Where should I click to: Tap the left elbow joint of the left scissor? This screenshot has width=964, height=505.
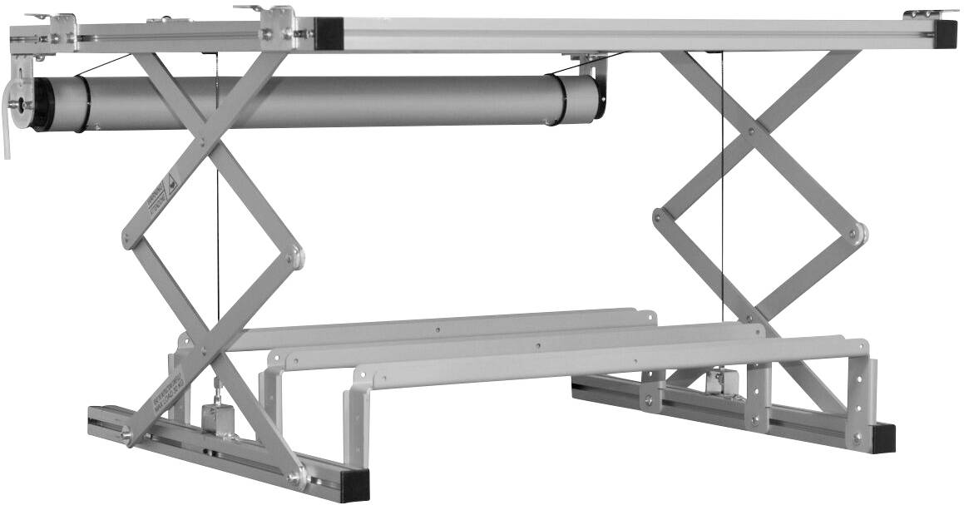tap(128, 240)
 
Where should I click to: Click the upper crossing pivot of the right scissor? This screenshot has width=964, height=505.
tap(752, 131)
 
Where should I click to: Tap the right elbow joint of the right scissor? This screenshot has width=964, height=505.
tap(856, 235)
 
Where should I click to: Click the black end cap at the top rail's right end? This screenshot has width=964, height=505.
tap(945, 36)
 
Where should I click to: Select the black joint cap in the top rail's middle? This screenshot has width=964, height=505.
tap(329, 34)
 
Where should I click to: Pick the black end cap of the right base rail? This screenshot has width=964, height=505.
tap(882, 438)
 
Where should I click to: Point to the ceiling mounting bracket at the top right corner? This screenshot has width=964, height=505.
tap(930, 14)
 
